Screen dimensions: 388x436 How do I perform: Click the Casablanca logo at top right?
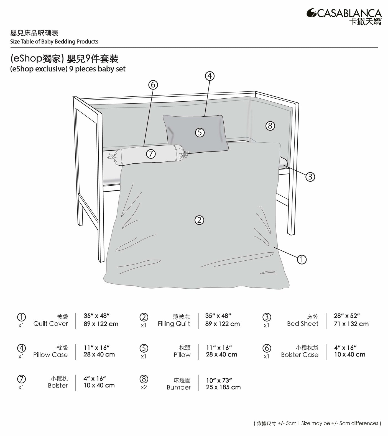pos(344,16)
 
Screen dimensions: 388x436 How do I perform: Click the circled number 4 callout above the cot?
pos(210,76)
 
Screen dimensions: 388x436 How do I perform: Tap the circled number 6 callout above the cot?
pos(153,85)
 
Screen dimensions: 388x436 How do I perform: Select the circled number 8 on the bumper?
pos(270,126)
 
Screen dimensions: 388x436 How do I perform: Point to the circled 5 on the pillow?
pos(200,133)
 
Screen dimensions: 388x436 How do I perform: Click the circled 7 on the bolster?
pos(151,154)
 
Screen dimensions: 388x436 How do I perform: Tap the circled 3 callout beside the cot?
pos(310,177)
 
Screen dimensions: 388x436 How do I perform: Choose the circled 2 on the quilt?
pos(200,220)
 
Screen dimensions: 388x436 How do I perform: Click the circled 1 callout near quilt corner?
pos(302,260)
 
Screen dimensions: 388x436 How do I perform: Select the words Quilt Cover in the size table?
pos(50,324)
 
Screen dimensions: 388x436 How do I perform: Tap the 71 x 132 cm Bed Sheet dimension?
pos(351,324)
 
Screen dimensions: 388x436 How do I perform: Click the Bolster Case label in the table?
pos(300,355)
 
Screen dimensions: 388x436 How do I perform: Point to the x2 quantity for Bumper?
pos(144,387)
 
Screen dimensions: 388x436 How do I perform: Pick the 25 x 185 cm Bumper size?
pos(223,387)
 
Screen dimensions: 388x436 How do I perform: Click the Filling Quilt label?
pos(174,324)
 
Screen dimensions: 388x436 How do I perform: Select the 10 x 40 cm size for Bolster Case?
pos(349,355)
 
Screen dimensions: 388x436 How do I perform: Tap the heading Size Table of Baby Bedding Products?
pos(54,42)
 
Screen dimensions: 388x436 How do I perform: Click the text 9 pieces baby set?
pos(97,69)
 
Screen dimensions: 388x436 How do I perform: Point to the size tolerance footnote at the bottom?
pos(317,423)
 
